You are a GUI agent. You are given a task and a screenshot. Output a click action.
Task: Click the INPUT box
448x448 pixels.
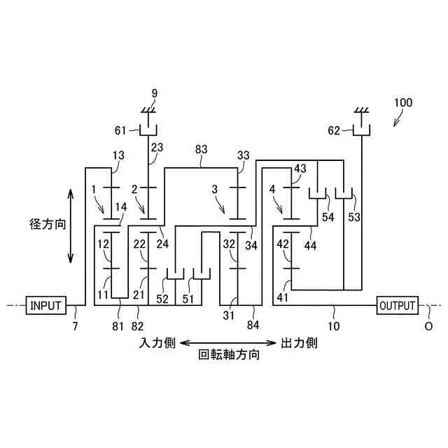pos(45,305)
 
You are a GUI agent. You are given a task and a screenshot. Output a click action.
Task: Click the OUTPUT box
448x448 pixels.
pos(398,305)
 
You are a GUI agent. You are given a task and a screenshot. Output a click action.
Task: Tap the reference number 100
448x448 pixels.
pos(402,102)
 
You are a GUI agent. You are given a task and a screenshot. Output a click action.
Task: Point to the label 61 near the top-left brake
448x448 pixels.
pos(120,129)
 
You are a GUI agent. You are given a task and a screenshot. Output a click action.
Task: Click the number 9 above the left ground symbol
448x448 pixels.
pos(154,92)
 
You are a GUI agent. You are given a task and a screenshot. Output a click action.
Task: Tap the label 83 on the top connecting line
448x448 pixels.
pos(202,148)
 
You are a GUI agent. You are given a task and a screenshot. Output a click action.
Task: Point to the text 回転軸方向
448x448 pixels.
pos(230,355)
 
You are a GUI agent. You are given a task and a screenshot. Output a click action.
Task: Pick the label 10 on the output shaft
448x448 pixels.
pos(334,325)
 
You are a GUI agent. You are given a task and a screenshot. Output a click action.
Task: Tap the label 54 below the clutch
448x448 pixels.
pos(328,217)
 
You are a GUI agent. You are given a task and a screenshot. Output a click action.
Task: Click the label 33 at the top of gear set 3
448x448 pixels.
pos(244,155)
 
